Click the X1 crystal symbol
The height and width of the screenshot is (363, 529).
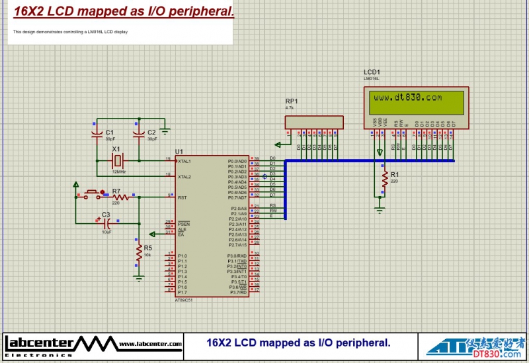coord(118,160)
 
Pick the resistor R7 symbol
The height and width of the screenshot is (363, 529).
coord(120,197)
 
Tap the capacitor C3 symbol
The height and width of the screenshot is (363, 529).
coord(105,223)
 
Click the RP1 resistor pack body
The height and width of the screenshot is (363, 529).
coord(314,122)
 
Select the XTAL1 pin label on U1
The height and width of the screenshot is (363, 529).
coord(184,161)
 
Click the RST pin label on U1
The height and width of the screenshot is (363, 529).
coord(182,197)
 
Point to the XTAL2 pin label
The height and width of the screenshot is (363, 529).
coord(184,177)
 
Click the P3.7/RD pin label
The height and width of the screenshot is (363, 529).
coord(238,292)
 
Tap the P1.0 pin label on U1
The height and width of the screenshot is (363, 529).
coord(183,256)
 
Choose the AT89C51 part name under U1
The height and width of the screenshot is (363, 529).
coord(184,300)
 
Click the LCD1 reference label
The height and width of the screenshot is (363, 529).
coord(372,72)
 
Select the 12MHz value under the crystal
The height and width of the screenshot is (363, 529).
coord(118,172)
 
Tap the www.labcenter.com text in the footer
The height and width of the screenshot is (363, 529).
coord(151,344)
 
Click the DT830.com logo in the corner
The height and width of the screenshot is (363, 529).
coord(475,346)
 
